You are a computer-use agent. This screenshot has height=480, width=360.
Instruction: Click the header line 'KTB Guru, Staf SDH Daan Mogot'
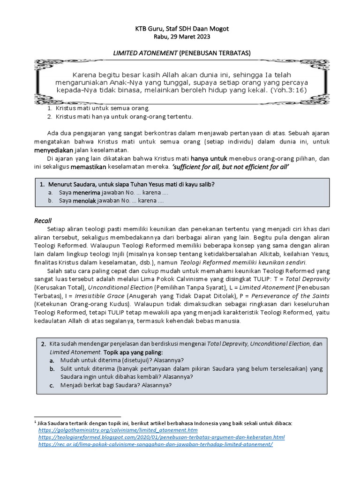coord(180,29)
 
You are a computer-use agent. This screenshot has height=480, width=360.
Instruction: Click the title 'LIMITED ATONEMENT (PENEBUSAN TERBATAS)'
coord(180,53)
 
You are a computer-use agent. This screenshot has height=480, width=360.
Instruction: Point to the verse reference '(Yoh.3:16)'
coord(289,90)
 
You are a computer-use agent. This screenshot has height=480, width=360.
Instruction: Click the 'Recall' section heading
coord(43,221)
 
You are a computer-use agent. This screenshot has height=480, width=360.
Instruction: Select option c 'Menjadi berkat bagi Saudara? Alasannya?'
coord(116,386)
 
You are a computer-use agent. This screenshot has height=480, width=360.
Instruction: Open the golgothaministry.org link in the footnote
coord(118,430)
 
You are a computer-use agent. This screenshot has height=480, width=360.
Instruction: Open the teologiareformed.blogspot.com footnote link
coord(161,437)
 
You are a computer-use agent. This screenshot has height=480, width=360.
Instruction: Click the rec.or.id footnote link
coord(156,444)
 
